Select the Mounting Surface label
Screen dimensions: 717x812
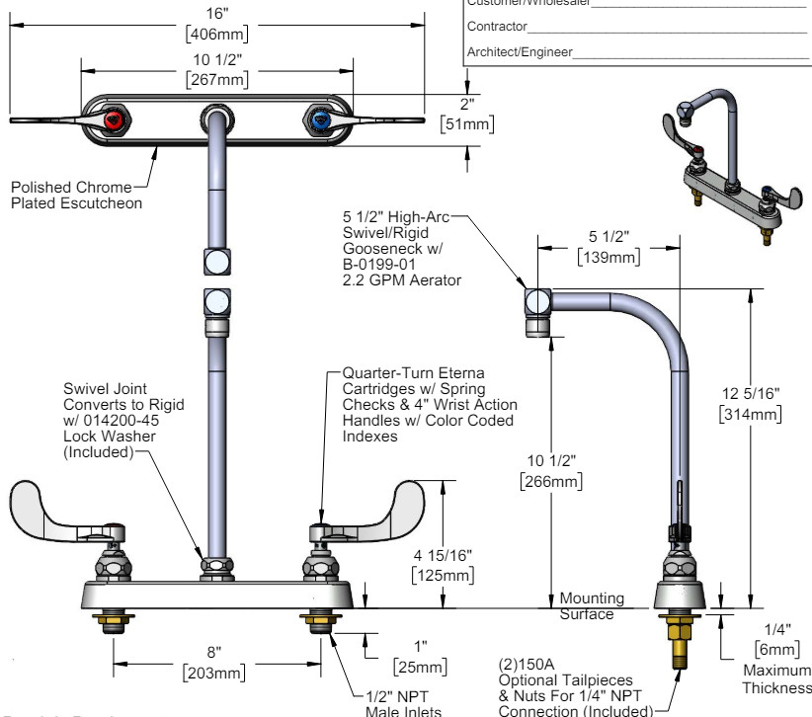click(x=592, y=605)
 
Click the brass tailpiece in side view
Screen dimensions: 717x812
click(x=681, y=643)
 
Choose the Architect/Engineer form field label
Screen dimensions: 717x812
click(x=519, y=52)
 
